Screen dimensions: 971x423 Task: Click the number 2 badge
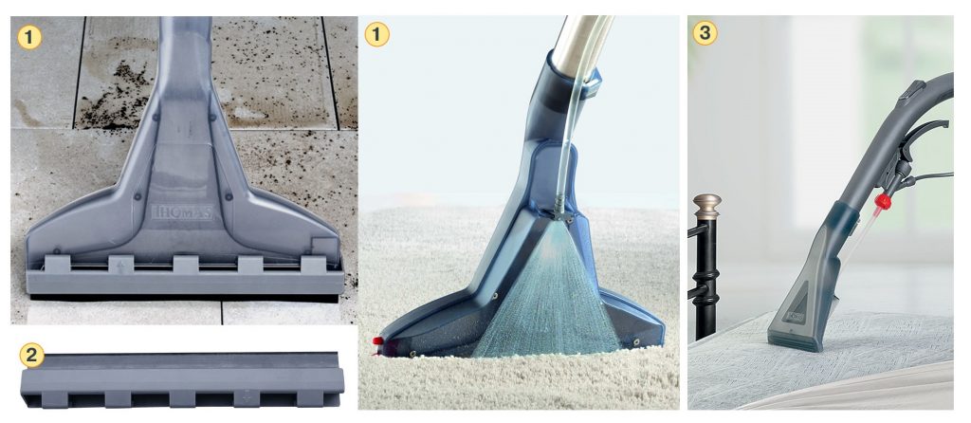coord(31,356)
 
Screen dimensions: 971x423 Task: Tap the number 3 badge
coord(705,33)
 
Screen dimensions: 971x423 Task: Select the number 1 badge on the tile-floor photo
coord(29,38)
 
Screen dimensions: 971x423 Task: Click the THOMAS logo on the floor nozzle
coord(182,211)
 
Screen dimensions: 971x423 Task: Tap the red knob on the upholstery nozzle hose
coord(883,201)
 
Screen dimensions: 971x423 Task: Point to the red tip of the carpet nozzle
coord(376,340)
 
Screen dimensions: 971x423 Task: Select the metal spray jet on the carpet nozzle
coord(560,209)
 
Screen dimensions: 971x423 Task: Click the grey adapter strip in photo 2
coord(182,379)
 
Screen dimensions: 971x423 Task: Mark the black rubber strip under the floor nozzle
coord(185,298)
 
